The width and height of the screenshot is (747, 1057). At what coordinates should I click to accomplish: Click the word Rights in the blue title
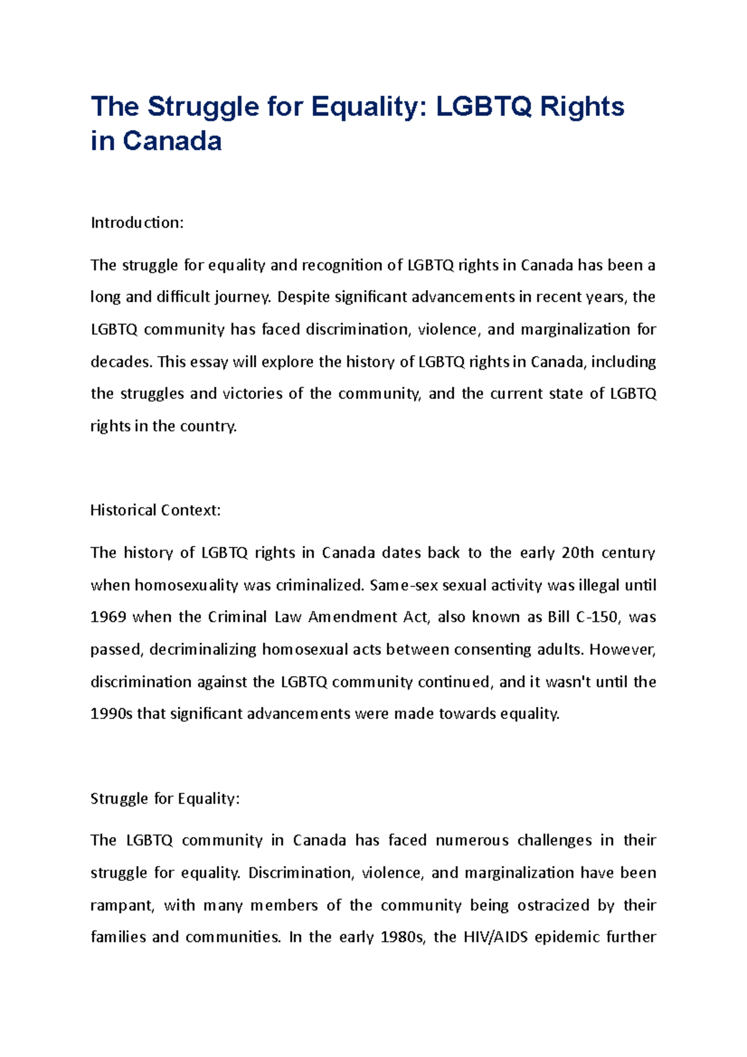pos(582,107)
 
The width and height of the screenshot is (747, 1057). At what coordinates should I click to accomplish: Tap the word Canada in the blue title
pos(172,141)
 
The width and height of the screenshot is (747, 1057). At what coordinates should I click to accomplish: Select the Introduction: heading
pos(137,223)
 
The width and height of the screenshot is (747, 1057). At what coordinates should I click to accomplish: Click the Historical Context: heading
pos(156,510)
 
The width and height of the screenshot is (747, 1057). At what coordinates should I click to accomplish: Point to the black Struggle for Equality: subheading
pos(165,799)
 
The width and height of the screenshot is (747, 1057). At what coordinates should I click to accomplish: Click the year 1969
pos(108,617)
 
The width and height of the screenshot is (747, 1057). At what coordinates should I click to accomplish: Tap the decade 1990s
pos(111,714)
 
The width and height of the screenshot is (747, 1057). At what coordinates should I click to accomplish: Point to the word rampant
pos(121,906)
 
